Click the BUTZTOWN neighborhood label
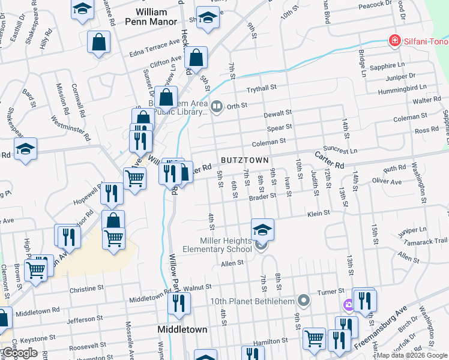point(243,160)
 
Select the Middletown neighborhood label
point(182,329)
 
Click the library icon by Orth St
point(216,107)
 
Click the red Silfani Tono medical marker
point(394,41)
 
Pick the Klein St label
point(319,214)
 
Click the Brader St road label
point(263,196)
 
